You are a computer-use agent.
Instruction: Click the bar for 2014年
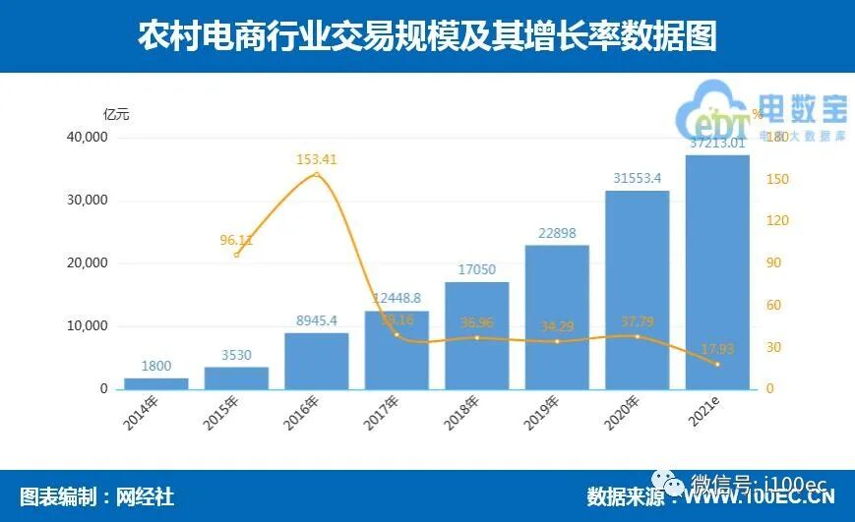(x=156, y=383)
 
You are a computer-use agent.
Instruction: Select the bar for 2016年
(x=317, y=361)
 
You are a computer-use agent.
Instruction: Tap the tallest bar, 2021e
(x=717, y=272)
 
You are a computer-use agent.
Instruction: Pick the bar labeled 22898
(x=557, y=317)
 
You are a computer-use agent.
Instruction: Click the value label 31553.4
(x=637, y=178)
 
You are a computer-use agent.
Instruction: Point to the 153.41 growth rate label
(x=317, y=158)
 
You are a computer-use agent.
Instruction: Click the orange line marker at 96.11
(x=237, y=255)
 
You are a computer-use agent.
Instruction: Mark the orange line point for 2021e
(x=717, y=365)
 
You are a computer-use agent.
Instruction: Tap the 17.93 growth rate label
(x=717, y=348)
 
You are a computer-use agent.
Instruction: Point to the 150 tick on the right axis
(x=776, y=179)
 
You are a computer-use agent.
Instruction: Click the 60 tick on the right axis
(x=772, y=306)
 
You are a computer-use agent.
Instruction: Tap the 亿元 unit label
(x=116, y=114)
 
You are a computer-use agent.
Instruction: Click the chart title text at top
(x=427, y=36)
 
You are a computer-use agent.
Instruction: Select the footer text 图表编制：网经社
(x=96, y=496)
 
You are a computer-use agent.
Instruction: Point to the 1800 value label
(x=156, y=366)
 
